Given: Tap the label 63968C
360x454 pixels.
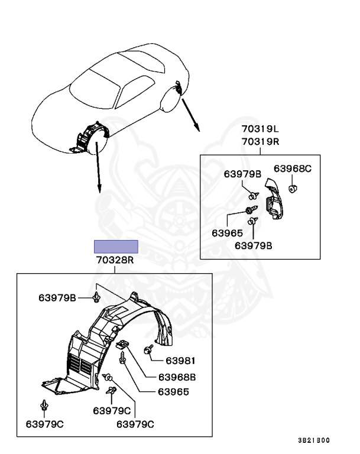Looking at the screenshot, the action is point(292,170).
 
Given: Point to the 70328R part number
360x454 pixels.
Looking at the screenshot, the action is point(116,260).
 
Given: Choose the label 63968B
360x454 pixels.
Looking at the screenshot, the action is point(177,377).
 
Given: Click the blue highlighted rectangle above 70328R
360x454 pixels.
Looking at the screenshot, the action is point(117,247).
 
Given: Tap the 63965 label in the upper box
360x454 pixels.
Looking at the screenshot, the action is point(226,232).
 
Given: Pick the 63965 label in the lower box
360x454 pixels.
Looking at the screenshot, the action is point(173,391).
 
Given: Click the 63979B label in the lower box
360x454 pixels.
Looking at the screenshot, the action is point(57,297).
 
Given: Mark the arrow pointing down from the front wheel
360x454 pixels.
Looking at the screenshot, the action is point(97,171).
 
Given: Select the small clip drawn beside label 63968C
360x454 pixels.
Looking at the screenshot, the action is point(291,189).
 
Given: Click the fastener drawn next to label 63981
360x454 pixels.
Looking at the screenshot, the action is point(145,351).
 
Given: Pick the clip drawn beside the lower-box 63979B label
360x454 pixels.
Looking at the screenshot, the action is point(96,296).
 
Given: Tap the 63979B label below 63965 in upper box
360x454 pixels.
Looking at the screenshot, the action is point(253,245).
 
